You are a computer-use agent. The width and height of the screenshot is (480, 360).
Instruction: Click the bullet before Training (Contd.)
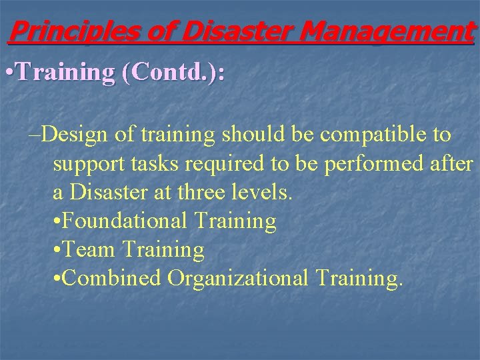[x=7, y=73]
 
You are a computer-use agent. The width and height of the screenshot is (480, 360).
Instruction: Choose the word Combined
[x=113, y=278]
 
